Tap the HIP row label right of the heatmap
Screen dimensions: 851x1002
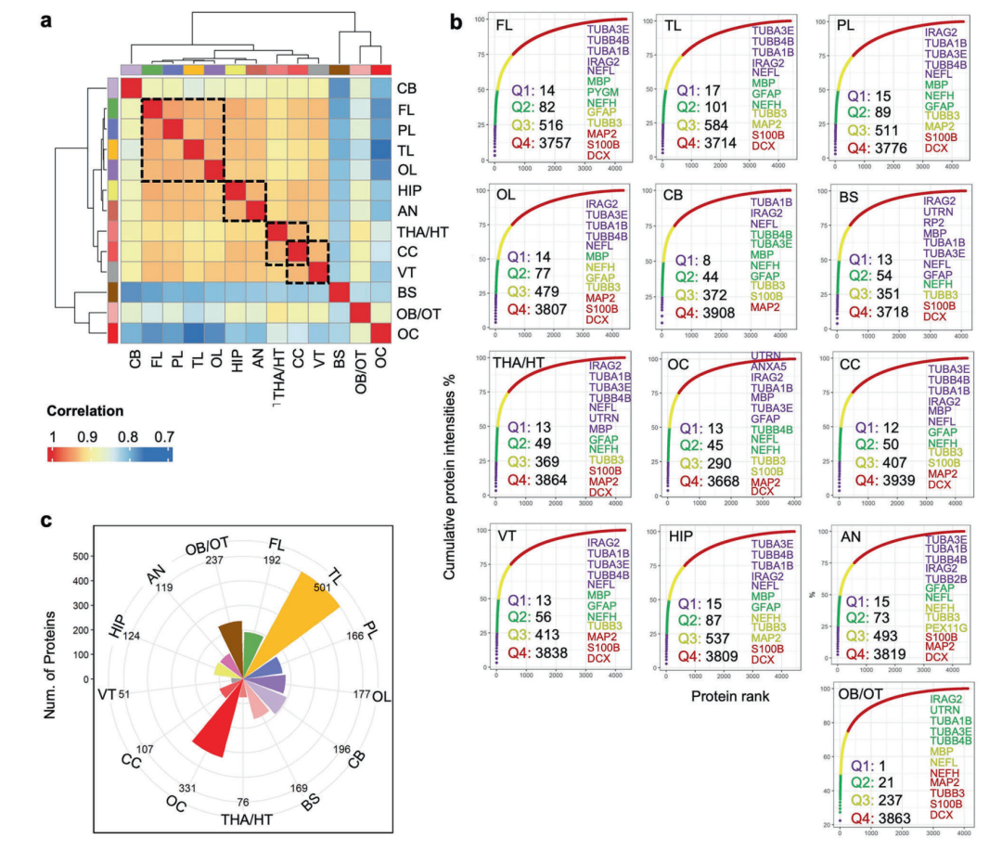409,188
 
